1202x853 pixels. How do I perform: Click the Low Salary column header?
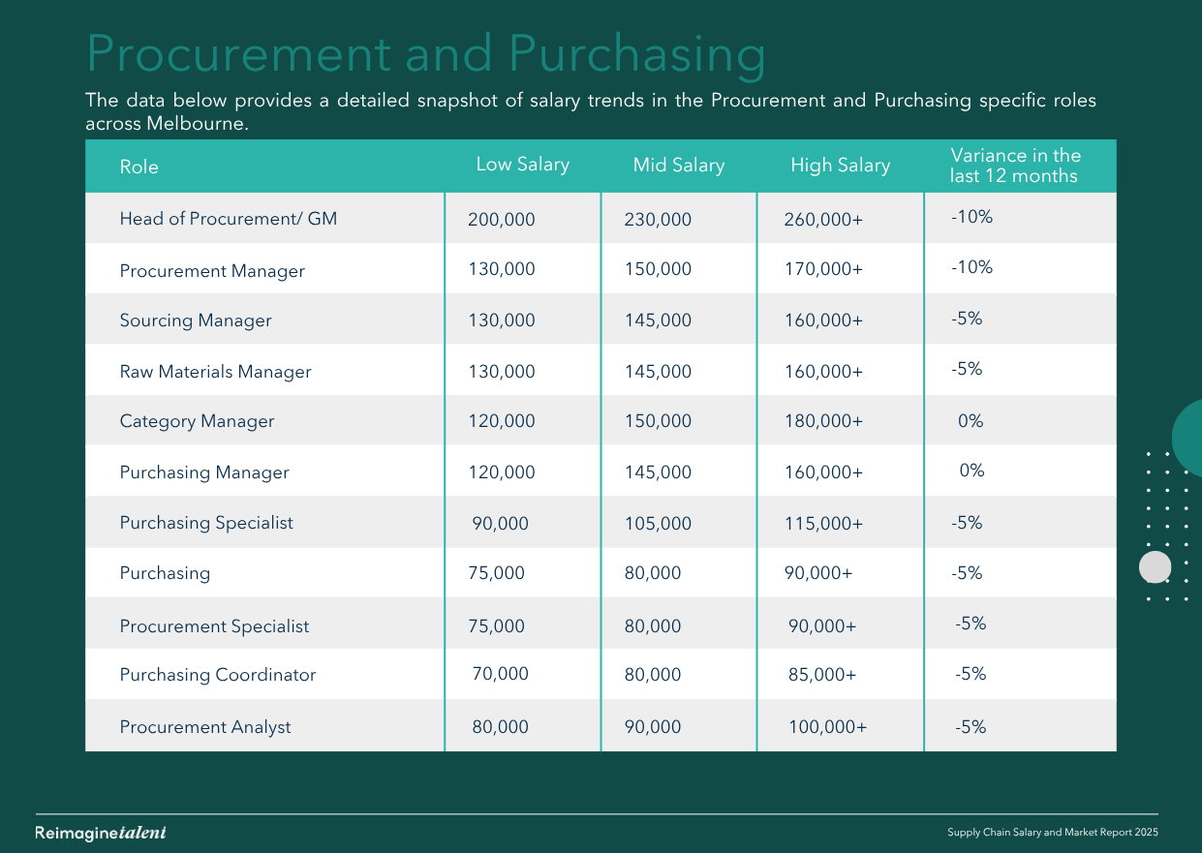click(x=523, y=165)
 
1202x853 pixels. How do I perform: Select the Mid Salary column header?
click(x=679, y=166)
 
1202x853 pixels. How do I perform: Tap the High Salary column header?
click(x=841, y=166)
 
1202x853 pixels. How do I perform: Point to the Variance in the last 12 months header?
click(x=1015, y=166)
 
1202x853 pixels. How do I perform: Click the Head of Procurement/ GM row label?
click(x=228, y=219)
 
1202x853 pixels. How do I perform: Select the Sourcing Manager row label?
click(x=196, y=320)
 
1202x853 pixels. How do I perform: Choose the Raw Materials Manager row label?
click(x=215, y=372)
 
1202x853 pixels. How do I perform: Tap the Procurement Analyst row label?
click(x=205, y=727)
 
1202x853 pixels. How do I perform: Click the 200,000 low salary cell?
click(x=501, y=220)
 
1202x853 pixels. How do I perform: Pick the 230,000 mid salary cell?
click(x=658, y=220)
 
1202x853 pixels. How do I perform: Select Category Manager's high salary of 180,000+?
click(x=823, y=421)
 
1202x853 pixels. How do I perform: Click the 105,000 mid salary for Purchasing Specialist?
click(x=658, y=524)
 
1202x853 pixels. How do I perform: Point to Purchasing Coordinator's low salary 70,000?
click(x=500, y=674)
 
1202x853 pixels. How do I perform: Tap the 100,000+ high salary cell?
click(x=827, y=727)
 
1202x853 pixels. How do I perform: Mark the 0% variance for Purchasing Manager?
click(x=971, y=471)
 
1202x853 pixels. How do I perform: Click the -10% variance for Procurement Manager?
click(x=971, y=267)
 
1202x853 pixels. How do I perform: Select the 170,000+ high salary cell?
click(x=823, y=269)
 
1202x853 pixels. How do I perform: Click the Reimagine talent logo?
click(x=101, y=833)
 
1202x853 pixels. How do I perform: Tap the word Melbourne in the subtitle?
click(x=197, y=124)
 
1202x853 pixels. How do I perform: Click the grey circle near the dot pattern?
click(x=1155, y=567)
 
